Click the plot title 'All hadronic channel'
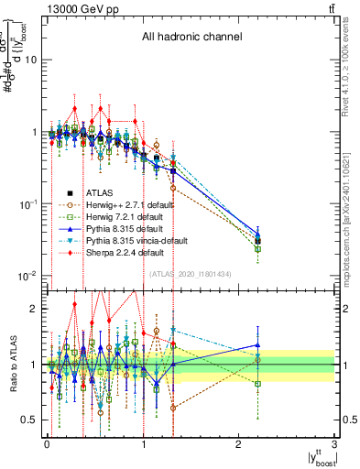(191, 38)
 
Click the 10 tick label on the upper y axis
(31, 60)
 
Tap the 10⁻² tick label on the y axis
(27, 276)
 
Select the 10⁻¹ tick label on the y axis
(27, 203)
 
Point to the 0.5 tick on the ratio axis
(29, 420)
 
